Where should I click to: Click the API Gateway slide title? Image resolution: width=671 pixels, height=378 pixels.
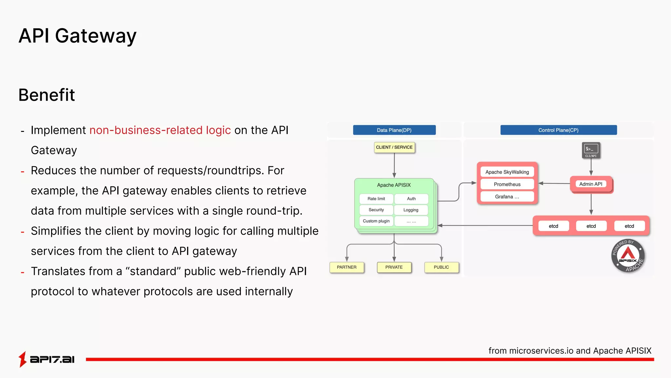pyautogui.click(x=77, y=36)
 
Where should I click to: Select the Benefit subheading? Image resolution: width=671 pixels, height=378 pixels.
pyautogui.click(x=47, y=95)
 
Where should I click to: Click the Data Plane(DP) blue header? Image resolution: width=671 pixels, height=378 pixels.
pyautogui.click(x=394, y=130)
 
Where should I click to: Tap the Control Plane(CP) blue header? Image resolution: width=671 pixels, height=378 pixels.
pyautogui.click(x=558, y=130)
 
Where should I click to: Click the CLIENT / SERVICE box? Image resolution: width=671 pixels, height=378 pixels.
pyautogui.click(x=394, y=147)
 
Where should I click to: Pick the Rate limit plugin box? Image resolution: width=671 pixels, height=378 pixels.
pyautogui.click(x=376, y=199)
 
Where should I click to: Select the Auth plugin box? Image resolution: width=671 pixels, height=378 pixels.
pyautogui.click(x=411, y=199)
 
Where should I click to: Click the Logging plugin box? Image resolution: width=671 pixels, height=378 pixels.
pyautogui.click(x=411, y=210)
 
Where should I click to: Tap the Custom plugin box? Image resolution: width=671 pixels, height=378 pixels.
pyautogui.click(x=376, y=221)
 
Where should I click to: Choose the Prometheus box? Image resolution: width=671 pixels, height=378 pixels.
pyautogui.click(x=507, y=184)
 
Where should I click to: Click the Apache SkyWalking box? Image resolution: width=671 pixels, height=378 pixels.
pyautogui.click(x=507, y=172)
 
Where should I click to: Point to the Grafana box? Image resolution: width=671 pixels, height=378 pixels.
pyautogui.click(x=507, y=197)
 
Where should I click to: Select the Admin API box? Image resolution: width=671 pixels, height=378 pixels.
pyautogui.click(x=591, y=184)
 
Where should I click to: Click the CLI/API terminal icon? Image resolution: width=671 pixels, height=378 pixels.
pyautogui.click(x=591, y=150)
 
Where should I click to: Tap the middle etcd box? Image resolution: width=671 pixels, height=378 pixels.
pyautogui.click(x=591, y=226)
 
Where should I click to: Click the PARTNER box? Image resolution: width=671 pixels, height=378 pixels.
pyautogui.click(x=347, y=267)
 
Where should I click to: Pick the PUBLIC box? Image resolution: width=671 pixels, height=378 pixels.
pyautogui.click(x=441, y=267)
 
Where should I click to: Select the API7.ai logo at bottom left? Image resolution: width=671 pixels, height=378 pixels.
pyautogui.click(x=47, y=359)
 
